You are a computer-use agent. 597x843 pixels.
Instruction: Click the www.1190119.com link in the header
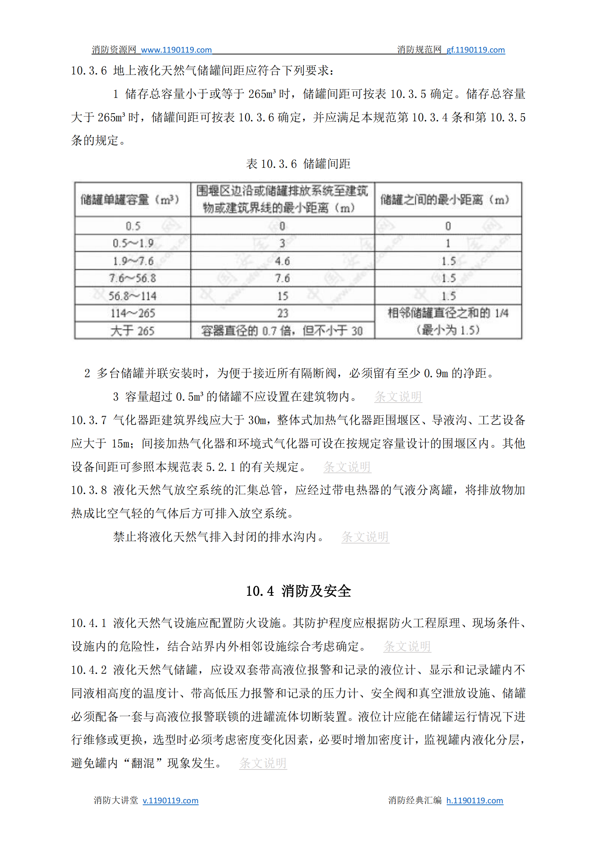[x=176, y=50]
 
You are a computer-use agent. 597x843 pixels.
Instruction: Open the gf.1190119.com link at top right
[x=475, y=50]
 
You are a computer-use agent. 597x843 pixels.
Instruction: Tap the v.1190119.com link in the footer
[x=170, y=800]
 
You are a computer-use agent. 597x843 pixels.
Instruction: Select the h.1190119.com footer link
[x=474, y=800]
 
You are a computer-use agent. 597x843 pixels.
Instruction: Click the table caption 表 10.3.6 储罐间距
[x=298, y=164]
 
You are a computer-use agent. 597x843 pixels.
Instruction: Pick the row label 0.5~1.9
[x=133, y=243]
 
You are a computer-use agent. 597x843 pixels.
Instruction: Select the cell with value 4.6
[x=282, y=261]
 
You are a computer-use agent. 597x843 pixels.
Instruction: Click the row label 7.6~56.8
[x=133, y=278]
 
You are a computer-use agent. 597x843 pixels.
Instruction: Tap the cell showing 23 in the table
[x=282, y=313]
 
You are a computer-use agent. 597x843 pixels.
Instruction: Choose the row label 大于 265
[x=133, y=331]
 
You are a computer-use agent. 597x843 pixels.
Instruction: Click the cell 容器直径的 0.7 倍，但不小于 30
[x=282, y=331]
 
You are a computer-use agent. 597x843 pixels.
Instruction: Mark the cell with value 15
[x=282, y=296]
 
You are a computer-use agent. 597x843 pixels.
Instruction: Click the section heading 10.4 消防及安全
[x=298, y=591]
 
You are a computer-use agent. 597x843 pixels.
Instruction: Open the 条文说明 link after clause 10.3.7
[x=347, y=467]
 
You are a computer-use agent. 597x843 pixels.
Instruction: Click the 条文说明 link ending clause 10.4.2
[x=263, y=763]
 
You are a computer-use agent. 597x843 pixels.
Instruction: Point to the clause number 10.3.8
[x=89, y=490]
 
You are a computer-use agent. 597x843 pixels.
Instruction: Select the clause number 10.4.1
[x=89, y=623]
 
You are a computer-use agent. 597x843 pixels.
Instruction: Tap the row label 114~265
[x=133, y=313]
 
